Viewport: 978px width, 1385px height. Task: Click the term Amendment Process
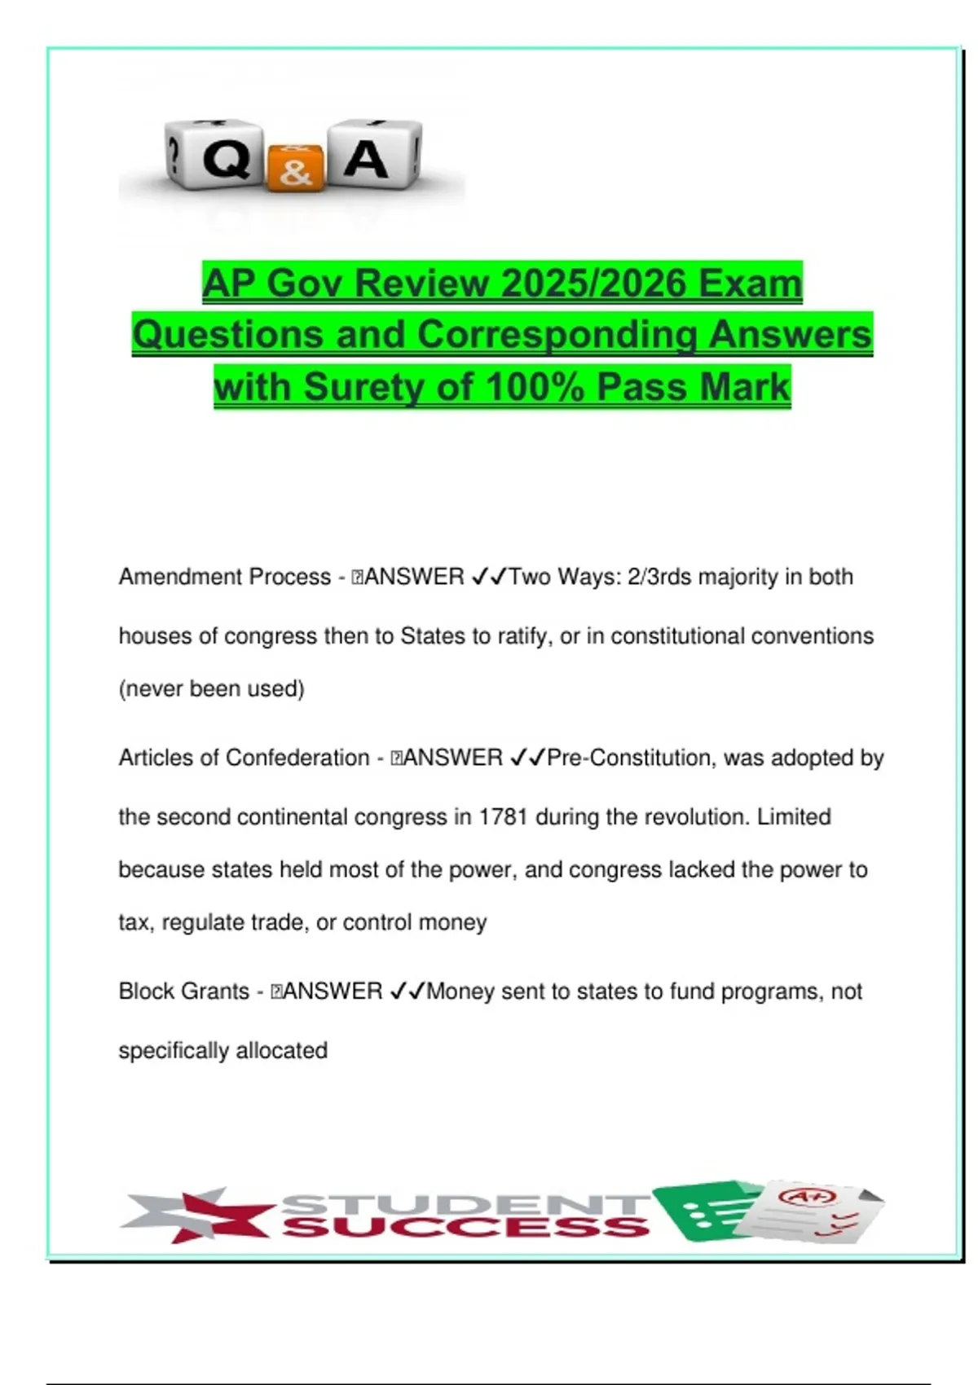[225, 577]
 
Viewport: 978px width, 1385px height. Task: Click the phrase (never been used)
[212, 688]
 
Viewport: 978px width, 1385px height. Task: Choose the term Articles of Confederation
[244, 758]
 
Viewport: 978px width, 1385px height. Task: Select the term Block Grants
[184, 991]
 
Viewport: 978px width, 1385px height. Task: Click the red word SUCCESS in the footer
[466, 1227]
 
